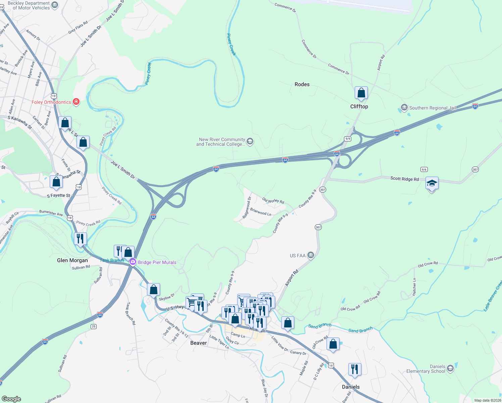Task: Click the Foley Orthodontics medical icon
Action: coord(76,102)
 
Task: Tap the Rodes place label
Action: coord(302,84)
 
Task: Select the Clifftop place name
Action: coord(359,106)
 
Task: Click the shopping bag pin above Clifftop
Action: coord(361,93)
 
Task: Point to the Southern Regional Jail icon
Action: coord(404,108)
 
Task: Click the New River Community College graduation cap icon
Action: coord(250,141)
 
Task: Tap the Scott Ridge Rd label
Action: coord(404,179)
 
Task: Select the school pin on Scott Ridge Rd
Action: coord(432,184)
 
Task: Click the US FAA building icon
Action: coord(311,256)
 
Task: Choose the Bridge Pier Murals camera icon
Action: coord(133,262)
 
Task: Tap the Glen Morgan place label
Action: coord(72,260)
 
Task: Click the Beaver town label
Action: coord(198,343)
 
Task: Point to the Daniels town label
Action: coord(351,387)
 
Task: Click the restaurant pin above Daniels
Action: coord(355,369)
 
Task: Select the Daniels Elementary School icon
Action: coord(450,369)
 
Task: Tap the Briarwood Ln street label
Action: coord(261,212)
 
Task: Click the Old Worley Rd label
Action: coord(273,201)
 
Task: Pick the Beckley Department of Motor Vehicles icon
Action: coord(55,5)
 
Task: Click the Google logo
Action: coord(11,399)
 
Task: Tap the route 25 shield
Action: coord(93,326)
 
